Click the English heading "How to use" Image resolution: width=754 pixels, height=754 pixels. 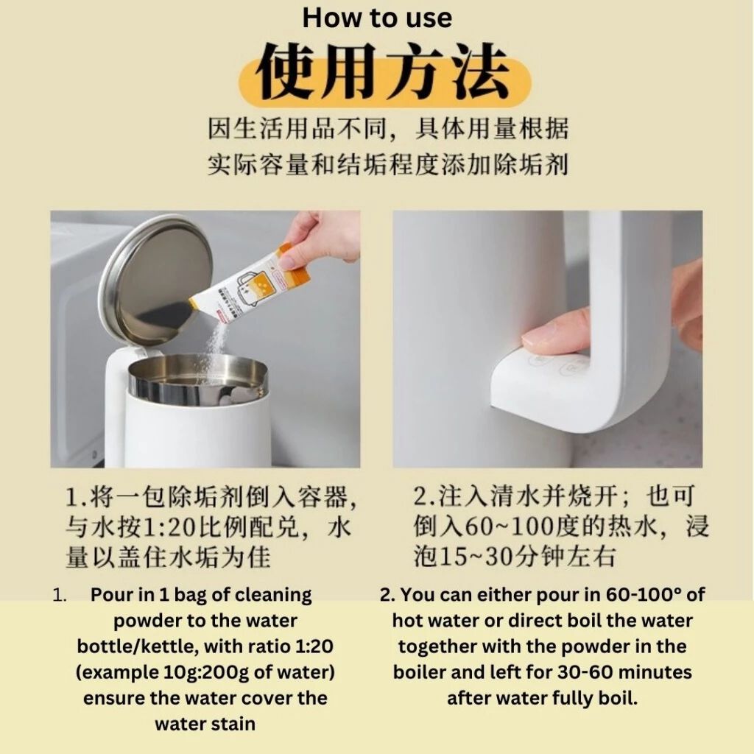(x=377, y=18)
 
